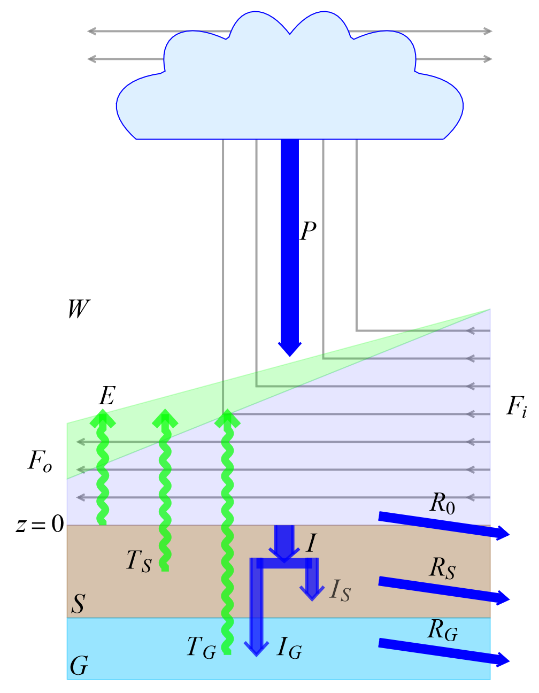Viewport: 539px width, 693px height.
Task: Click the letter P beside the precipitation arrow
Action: click(308, 231)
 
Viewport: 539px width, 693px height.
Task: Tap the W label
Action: click(79, 309)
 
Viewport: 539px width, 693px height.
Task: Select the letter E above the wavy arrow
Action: click(107, 396)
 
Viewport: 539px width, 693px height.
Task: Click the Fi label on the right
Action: click(517, 407)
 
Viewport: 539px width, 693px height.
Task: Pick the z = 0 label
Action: click(40, 525)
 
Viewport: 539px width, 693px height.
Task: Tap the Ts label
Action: click(139, 561)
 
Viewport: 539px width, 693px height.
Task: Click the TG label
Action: click(201, 647)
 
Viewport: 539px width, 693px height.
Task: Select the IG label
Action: click(289, 648)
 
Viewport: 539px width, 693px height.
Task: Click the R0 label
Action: click(443, 503)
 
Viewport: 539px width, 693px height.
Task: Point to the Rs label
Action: click(443, 568)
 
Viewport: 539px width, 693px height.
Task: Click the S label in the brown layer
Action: click(79, 604)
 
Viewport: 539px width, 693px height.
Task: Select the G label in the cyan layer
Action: click(79, 666)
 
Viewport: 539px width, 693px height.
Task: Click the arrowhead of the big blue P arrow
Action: click(290, 348)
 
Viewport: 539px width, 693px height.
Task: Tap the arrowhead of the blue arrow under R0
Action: click(504, 533)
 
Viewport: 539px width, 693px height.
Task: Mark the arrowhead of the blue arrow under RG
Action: click(504, 659)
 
